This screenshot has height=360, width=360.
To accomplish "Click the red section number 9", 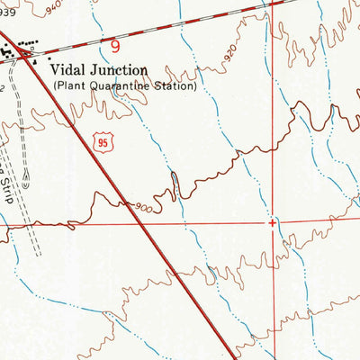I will click(116, 43).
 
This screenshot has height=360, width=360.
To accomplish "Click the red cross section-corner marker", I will click(273, 220).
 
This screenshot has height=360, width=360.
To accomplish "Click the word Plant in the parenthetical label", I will click(71, 87).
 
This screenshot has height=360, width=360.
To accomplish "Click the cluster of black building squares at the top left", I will click(13, 54).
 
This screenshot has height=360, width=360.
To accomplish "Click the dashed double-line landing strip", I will click(31, 216).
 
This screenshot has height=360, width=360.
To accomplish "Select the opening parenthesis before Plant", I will click(55, 87).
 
